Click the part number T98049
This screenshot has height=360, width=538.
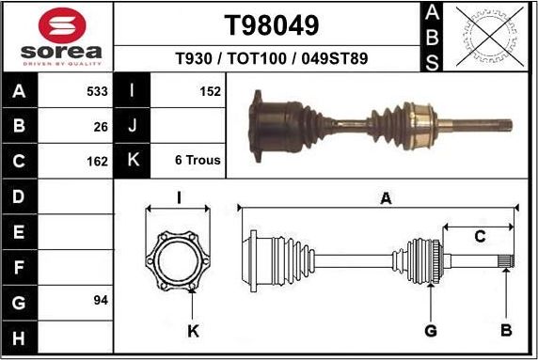coord(272,24)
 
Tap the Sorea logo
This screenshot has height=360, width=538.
coord(58,37)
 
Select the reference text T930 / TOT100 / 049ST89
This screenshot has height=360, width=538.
coord(272,59)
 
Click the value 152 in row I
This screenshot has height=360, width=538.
coord(210,91)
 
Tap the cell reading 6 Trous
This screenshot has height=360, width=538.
coord(198,160)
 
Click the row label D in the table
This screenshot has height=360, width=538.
coord(18,196)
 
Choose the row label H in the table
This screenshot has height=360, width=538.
coord(18,337)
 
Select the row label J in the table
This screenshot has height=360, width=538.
coord(133,125)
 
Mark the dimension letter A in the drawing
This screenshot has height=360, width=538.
coord(385,198)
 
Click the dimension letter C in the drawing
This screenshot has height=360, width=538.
coord(479,237)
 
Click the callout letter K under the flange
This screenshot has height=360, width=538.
coord(193,330)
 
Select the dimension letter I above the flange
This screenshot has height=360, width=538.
coord(179,197)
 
